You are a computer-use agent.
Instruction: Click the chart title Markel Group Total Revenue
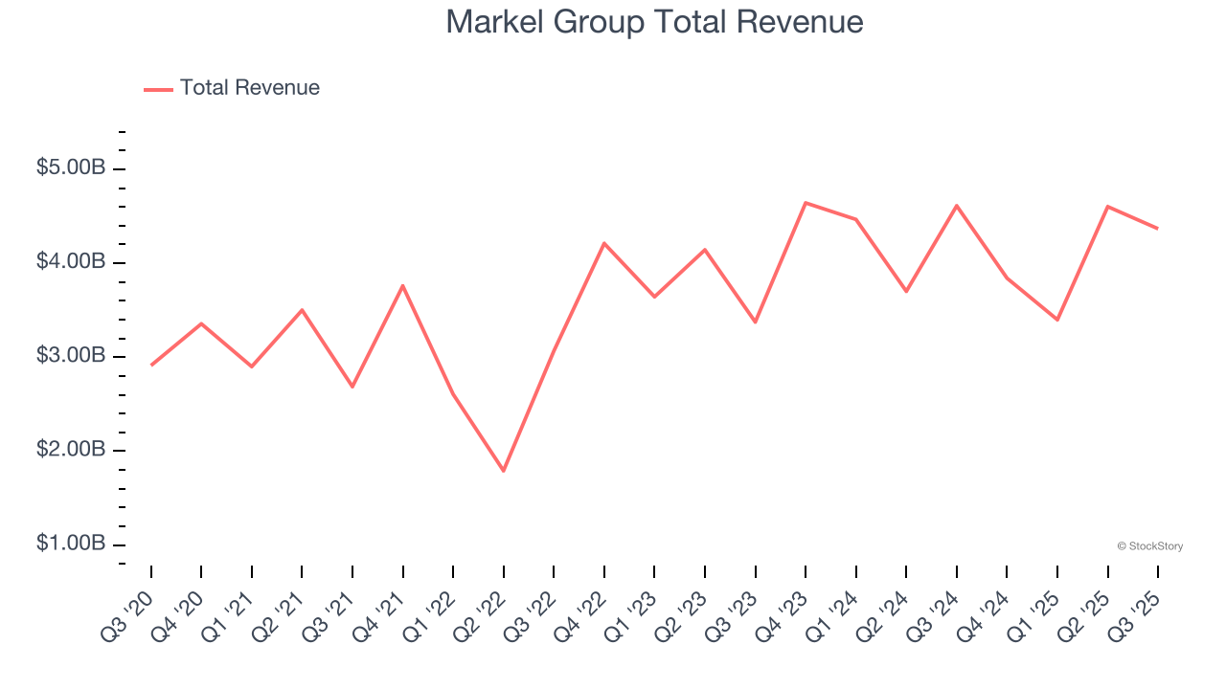point(654,22)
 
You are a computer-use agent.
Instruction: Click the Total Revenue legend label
point(249,88)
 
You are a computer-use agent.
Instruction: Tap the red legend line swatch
point(158,89)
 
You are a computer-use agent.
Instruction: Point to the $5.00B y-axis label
point(71,168)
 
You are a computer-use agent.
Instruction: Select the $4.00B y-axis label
point(71,262)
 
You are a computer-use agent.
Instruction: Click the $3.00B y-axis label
point(71,356)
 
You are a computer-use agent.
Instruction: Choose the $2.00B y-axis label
point(71,450)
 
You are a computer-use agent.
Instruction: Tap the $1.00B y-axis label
point(71,544)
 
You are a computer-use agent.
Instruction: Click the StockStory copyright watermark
point(1149,546)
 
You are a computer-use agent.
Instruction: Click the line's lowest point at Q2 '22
point(504,471)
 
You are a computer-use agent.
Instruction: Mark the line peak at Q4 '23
point(806,203)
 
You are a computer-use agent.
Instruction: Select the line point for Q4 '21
point(403,285)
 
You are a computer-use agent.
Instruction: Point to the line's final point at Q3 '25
point(1158,228)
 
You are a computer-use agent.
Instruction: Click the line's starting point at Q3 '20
point(151,365)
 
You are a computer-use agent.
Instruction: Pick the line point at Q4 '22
point(604,243)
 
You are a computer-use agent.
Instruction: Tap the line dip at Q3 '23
point(756,322)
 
